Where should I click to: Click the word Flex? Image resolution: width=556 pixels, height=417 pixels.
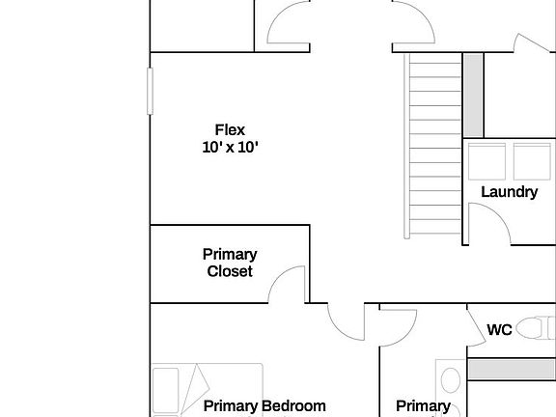pyautogui.click(x=230, y=129)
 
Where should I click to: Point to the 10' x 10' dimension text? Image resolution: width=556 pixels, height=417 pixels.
pyautogui.click(x=230, y=148)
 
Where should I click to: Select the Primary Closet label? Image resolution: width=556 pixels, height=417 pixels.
pyautogui.click(x=230, y=263)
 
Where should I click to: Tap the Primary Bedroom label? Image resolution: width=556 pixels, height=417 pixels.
pyautogui.click(x=264, y=406)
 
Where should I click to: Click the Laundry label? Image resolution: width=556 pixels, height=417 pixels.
pyautogui.click(x=509, y=191)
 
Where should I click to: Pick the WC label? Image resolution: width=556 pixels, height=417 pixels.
pyautogui.click(x=498, y=329)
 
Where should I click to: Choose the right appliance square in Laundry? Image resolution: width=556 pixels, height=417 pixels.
pyautogui.click(x=530, y=161)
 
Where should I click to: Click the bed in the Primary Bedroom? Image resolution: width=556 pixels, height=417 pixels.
pyautogui.click(x=207, y=390)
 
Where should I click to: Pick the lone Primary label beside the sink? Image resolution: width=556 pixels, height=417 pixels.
pyautogui.click(x=423, y=406)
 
